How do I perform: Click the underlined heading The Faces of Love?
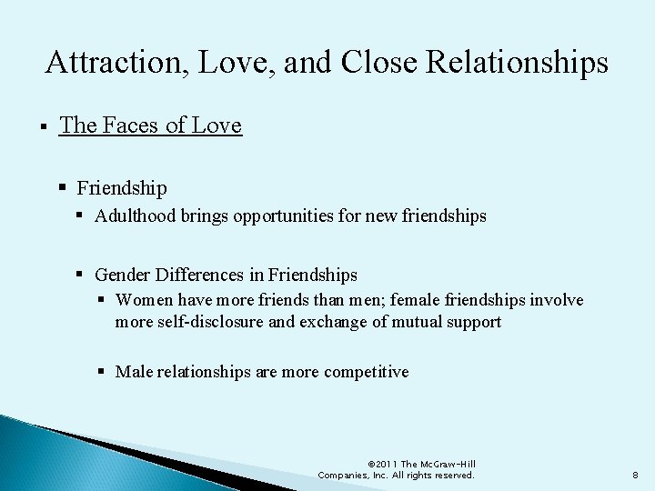tap(151, 125)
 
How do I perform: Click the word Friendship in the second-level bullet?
tap(122, 188)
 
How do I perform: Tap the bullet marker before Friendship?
tap(64, 187)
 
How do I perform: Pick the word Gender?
tap(123, 274)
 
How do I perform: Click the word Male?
tap(134, 371)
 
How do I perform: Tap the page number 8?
tap(634, 475)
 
